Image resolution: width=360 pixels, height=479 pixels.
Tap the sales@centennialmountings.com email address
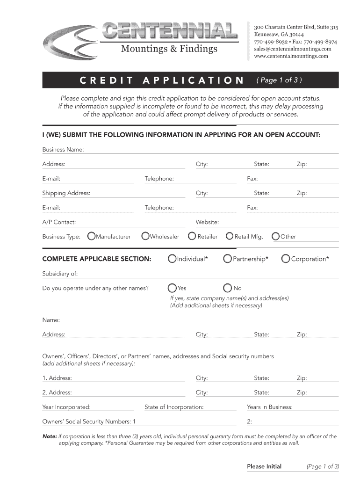coord(292,49)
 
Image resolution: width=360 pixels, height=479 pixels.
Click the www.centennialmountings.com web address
coord(291,56)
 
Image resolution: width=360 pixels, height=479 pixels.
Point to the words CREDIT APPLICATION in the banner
coord(162,80)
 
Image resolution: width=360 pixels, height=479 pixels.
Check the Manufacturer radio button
coord(92,236)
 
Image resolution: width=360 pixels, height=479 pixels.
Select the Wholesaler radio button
coord(145,236)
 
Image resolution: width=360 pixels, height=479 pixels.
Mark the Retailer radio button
coord(192,236)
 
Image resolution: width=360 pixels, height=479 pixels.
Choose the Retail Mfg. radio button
coord(230,236)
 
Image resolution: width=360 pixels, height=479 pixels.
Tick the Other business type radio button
coord(276,236)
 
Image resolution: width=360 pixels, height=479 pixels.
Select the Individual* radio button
coord(173,259)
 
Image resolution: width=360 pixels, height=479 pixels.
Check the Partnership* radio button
coord(228,259)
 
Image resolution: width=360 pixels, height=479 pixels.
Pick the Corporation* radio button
coord(286,259)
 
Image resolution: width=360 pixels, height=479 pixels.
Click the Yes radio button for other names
coord(173,288)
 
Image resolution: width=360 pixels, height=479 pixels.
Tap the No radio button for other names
coord(228,288)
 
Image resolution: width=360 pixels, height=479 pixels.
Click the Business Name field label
coord(63,149)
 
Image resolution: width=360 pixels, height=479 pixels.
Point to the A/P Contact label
coord(59,222)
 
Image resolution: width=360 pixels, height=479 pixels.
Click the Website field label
coord(207,222)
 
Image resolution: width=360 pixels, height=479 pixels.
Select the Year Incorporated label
coord(66,407)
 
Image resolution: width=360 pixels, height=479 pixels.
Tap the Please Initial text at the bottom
coord(264,466)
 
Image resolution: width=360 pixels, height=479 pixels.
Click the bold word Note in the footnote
coord(50,436)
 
